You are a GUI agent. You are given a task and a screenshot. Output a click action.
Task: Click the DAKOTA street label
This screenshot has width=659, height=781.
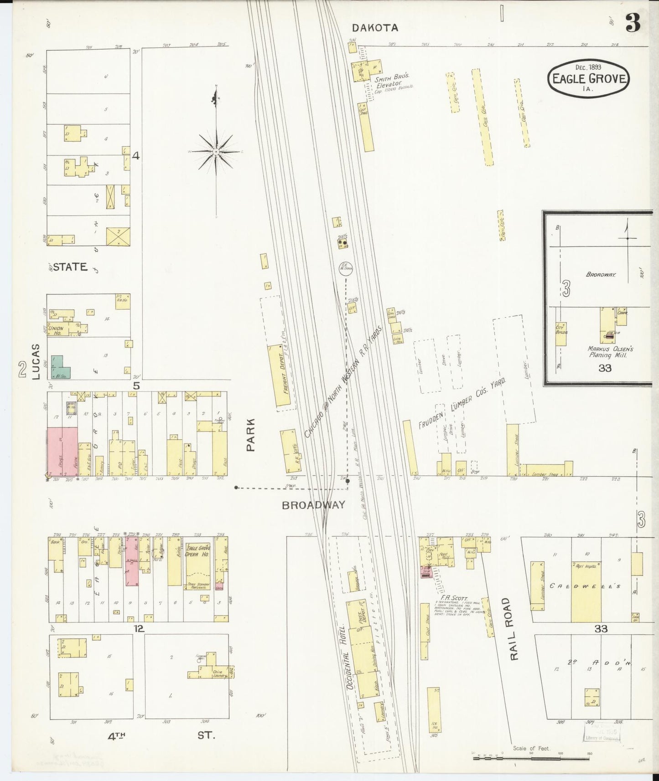pos(375,28)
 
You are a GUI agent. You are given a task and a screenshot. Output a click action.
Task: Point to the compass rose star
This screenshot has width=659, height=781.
pos(217,151)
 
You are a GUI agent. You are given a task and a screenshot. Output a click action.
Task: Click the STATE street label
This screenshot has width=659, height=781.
pos(70,267)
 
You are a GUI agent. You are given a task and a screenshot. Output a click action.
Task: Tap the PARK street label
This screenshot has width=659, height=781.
pos(250,435)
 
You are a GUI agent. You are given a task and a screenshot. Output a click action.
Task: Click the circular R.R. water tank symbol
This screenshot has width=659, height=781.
pos(346,268)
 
